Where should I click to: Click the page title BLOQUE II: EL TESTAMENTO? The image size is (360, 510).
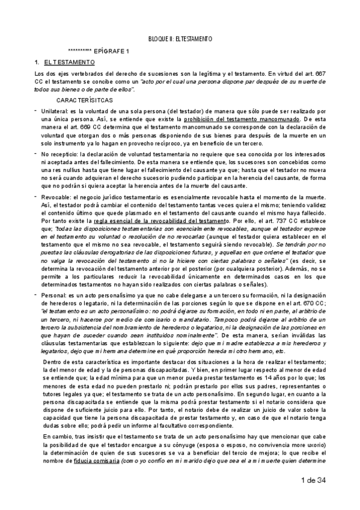(x=180, y=38)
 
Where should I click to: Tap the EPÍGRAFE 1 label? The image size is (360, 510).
(x=119, y=51)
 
